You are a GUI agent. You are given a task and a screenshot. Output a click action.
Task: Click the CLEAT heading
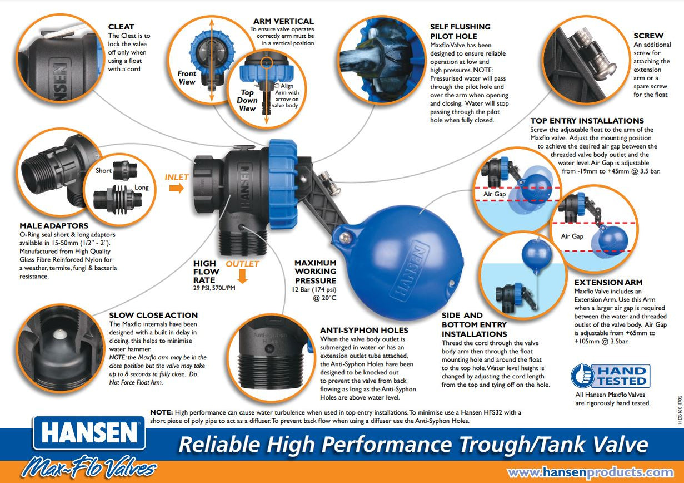pyautogui.click(x=121, y=26)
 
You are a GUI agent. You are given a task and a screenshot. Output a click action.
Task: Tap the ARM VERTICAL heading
pyautogui.click(x=283, y=21)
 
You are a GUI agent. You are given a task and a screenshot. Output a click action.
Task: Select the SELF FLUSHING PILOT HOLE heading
pyautogui.click(x=460, y=31)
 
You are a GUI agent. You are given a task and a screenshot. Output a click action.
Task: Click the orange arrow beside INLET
pyautogui.click(x=177, y=188)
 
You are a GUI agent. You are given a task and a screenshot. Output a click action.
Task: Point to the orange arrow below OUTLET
pyautogui.click(x=242, y=276)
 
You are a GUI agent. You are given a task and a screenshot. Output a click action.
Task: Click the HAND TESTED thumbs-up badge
pyautogui.click(x=610, y=376)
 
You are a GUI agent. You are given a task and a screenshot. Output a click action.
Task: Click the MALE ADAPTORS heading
pyautogui.click(x=54, y=226)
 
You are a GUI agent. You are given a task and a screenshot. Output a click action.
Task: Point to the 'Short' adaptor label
pyautogui.click(x=103, y=170)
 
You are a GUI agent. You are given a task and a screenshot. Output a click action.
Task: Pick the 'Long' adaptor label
pyautogui.click(x=142, y=188)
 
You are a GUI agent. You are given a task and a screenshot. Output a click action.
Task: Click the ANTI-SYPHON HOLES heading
pyautogui.click(x=364, y=330)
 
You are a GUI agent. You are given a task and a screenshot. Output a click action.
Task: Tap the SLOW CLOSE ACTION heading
pyautogui.click(x=153, y=315)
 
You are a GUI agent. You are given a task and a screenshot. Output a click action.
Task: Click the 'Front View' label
pyautogui.click(x=187, y=77)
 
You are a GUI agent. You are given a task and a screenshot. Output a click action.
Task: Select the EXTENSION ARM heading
pyautogui.click(x=608, y=283)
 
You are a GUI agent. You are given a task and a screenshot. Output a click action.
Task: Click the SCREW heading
pyautogui.click(x=648, y=36)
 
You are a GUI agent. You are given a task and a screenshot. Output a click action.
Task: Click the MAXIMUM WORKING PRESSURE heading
pyautogui.click(x=315, y=272)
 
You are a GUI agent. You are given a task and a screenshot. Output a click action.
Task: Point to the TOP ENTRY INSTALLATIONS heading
pyautogui.click(x=587, y=121)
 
